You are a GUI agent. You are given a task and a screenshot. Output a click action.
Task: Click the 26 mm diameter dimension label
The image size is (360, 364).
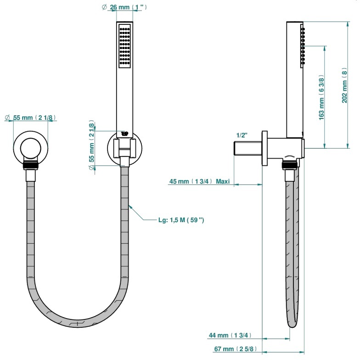point(124,7)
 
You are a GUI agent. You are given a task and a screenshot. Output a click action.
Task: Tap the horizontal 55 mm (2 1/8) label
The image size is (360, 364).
point(30,118)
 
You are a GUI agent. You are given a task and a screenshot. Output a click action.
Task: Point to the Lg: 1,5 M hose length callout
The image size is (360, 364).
point(181,220)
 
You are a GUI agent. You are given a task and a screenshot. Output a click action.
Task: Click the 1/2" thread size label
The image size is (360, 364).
point(242,135)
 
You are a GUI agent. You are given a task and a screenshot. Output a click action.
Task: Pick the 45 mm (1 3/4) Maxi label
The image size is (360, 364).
point(199,181)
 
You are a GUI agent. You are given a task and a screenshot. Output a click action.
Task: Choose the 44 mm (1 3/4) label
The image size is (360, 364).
point(230,335)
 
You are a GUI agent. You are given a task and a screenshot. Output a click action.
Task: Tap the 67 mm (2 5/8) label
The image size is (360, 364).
point(236,349)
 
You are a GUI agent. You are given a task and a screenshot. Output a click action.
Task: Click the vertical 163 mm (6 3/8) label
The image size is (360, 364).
point(321,97)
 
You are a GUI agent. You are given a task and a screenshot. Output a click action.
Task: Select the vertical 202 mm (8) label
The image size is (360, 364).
point(344,85)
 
